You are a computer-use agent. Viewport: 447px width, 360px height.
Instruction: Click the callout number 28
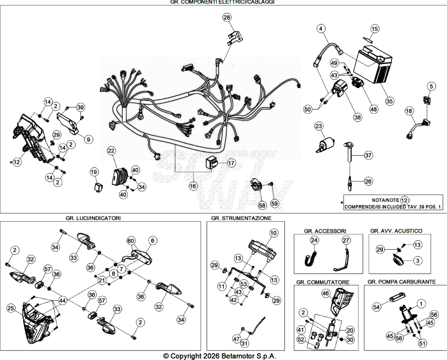click(227, 17)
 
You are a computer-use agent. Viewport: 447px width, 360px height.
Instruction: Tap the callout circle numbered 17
click(231, 163)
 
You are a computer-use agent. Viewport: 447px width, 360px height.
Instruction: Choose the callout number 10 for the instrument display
click(273, 233)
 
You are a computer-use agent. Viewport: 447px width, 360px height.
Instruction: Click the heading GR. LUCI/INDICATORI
click(93, 218)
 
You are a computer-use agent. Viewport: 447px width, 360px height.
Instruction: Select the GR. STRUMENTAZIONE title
click(241, 218)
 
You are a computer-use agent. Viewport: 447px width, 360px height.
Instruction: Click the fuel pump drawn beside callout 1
click(407, 314)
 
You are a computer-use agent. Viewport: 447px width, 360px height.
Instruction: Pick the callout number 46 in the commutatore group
click(326, 293)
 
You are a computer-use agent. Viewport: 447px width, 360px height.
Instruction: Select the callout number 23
click(319, 126)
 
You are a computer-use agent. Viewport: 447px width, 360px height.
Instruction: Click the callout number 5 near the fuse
click(431, 86)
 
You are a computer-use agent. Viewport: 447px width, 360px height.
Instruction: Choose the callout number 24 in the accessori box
click(314, 240)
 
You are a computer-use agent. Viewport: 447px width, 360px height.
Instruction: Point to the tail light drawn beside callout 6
click(140, 256)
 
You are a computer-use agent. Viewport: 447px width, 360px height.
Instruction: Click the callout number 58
click(262, 205)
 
